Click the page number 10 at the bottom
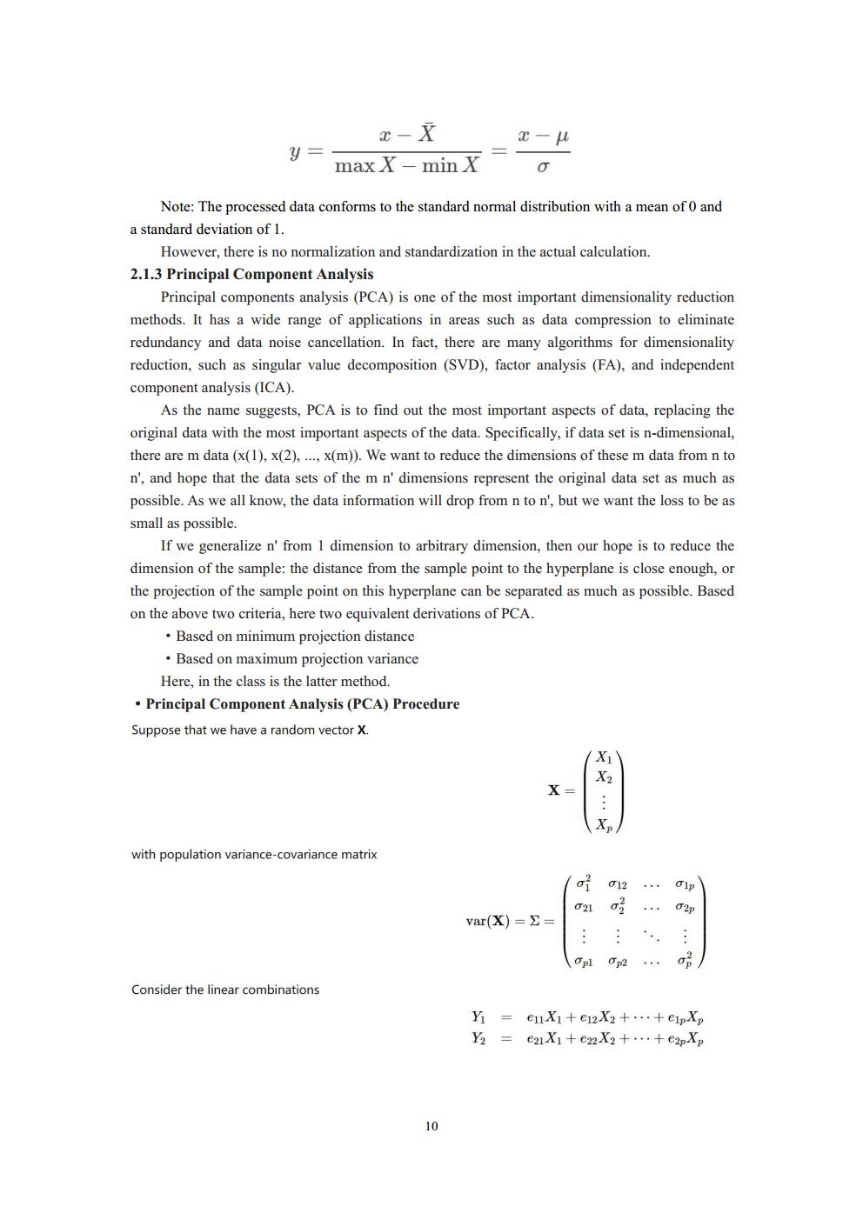click(x=431, y=1126)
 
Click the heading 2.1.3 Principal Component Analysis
click(x=251, y=274)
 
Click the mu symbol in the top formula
click(x=561, y=136)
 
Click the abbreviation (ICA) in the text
click(x=273, y=388)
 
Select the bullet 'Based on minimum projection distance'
click(x=295, y=637)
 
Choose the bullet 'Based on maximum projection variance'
click(x=297, y=659)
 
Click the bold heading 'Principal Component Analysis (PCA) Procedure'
click(x=302, y=704)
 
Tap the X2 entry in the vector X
click(x=604, y=777)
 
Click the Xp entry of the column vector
click(x=604, y=824)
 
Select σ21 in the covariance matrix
click(x=583, y=907)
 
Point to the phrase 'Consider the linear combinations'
click(x=224, y=990)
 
